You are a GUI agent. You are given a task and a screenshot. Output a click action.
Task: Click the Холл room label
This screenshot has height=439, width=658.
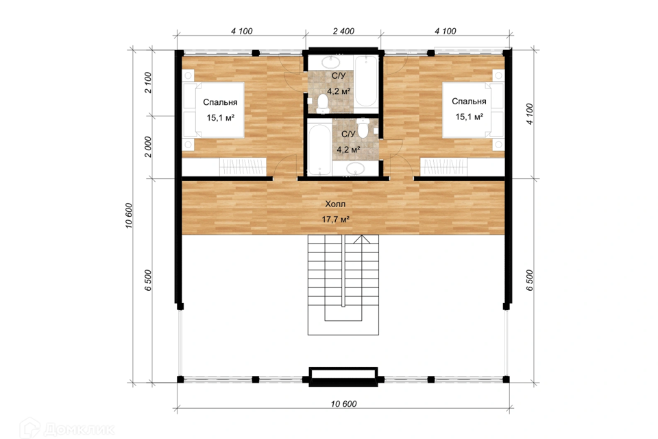pyautogui.click(x=335, y=204)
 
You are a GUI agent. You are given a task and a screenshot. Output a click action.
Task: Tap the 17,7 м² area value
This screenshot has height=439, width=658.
pyautogui.click(x=336, y=219)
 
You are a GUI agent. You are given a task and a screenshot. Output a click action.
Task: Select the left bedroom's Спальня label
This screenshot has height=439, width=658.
pyautogui.click(x=220, y=102)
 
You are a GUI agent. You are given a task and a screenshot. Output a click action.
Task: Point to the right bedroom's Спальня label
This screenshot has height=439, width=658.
pyautogui.click(x=469, y=102)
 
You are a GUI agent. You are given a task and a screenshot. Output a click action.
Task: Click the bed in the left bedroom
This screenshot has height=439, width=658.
pyautogui.click(x=213, y=110)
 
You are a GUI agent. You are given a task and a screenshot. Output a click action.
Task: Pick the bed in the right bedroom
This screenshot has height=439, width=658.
pyautogui.click(x=473, y=109)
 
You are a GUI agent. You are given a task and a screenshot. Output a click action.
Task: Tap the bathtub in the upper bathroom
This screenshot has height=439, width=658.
pyautogui.click(x=366, y=81)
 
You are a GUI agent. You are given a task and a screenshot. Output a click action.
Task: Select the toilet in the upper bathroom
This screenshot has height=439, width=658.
pyautogui.click(x=323, y=104)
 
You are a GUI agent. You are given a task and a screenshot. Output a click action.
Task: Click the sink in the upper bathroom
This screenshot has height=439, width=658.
pyautogui.click(x=330, y=63)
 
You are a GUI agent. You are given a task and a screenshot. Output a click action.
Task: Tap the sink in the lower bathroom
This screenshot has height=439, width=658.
pyautogui.click(x=356, y=169)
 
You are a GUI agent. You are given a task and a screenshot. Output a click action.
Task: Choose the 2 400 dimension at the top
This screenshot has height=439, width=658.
pyautogui.click(x=343, y=31)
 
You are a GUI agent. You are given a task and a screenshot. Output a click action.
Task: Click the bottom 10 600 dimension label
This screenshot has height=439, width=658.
pyautogui.click(x=343, y=404)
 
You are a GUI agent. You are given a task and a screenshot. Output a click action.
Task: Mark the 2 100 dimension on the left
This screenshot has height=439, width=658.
pyautogui.click(x=148, y=82)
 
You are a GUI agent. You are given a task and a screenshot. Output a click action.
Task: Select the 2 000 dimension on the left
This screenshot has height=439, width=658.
pyautogui.click(x=148, y=147)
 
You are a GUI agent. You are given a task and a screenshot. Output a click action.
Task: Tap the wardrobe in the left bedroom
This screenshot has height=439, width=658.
pyautogui.click(x=243, y=167)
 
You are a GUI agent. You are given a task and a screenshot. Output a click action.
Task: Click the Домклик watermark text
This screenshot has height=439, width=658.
pyautogui.click(x=78, y=429)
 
